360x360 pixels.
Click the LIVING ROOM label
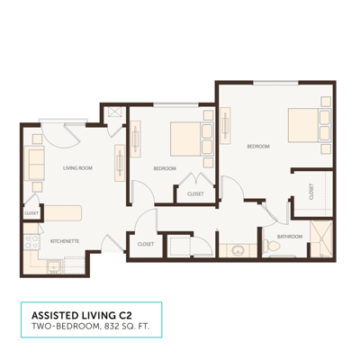point(78,167)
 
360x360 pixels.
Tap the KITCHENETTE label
point(67,240)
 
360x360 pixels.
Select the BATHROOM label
point(289,236)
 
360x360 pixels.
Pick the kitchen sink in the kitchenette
point(54,265)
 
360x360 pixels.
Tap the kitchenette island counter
point(63,212)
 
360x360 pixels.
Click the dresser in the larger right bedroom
point(226,131)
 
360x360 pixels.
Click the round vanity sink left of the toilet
point(236,250)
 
